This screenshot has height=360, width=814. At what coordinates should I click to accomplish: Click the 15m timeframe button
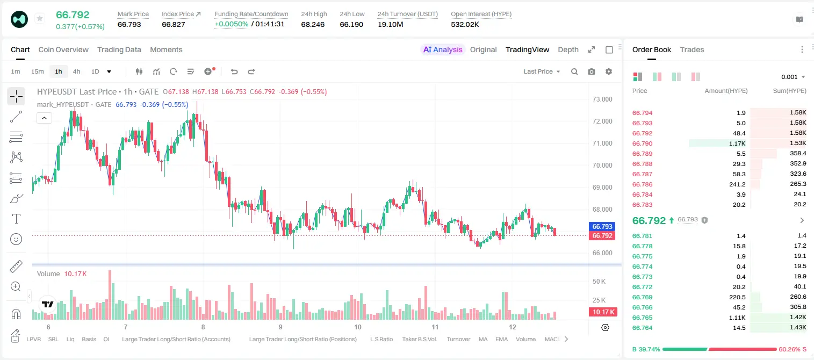pyautogui.click(x=38, y=71)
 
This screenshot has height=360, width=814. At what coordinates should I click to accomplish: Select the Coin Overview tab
pyautogui.click(x=63, y=49)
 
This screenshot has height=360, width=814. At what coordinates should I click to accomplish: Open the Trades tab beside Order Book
pyautogui.click(x=692, y=49)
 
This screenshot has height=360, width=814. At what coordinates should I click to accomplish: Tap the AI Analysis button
pyautogui.click(x=443, y=49)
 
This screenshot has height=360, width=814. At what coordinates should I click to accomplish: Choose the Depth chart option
pyautogui.click(x=568, y=49)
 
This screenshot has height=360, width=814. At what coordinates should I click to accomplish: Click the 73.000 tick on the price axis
pyautogui.click(x=602, y=99)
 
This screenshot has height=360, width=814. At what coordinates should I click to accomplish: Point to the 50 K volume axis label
pyautogui.click(x=599, y=281)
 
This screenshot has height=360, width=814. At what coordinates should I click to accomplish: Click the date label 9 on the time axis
pyautogui.click(x=280, y=327)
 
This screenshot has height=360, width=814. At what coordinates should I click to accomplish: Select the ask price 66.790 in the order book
pyautogui.click(x=642, y=143)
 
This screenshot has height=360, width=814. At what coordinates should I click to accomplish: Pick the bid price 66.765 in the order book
pyautogui.click(x=642, y=318)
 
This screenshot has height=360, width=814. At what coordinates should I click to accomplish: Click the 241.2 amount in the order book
pyautogui.click(x=737, y=184)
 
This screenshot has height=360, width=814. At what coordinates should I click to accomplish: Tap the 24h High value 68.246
pyautogui.click(x=313, y=24)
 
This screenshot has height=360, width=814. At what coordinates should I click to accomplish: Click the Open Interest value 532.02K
pyautogui.click(x=465, y=24)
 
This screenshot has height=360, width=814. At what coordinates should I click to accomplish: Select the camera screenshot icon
pyautogui.click(x=592, y=71)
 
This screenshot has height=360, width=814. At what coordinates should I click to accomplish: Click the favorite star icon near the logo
pyautogui.click(x=40, y=18)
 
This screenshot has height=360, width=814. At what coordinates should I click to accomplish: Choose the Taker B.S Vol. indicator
pyautogui.click(x=419, y=339)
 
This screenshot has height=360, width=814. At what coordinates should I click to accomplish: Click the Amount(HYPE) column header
pyautogui.click(x=726, y=91)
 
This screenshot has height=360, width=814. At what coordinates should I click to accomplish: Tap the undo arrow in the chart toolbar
pyautogui.click(x=234, y=71)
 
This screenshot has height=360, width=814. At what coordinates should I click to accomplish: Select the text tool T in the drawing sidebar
pyautogui.click(x=16, y=219)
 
